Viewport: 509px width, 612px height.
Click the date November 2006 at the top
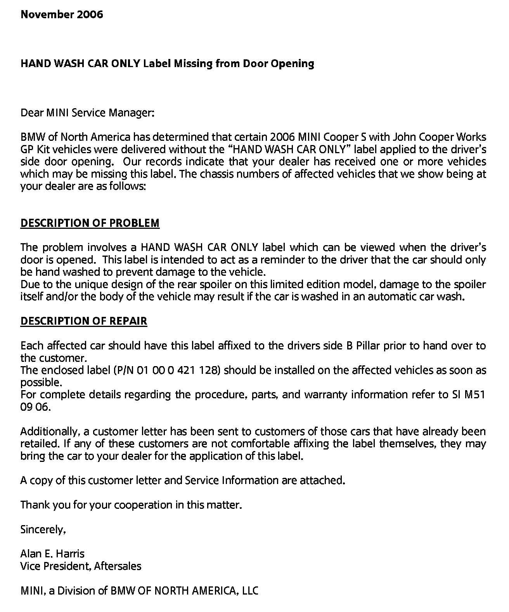click(x=62, y=15)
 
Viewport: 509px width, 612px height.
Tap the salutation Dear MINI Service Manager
click(x=87, y=113)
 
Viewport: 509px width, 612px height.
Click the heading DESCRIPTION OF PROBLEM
click(x=90, y=223)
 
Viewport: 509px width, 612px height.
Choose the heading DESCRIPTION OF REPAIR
click(x=84, y=321)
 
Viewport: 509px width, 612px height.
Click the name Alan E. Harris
click(x=52, y=553)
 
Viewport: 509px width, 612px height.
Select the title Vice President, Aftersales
click(x=81, y=566)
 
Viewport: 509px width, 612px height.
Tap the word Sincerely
click(x=43, y=529)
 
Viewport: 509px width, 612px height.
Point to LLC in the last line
click(x=249, y=591)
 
